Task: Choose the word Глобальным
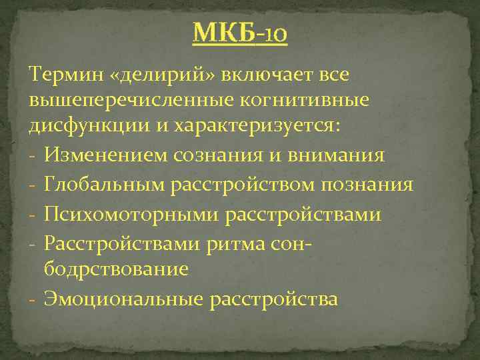coord(107,185)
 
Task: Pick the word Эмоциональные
coord(123,299)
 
